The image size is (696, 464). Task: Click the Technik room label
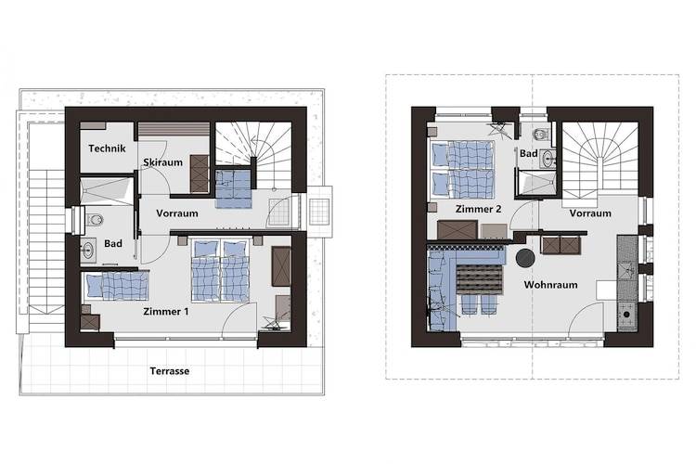tap(107, 148)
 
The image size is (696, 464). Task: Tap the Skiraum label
tap(163, 162)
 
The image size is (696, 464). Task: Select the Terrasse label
tap(170, 371)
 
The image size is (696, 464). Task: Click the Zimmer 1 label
tap(165, 311)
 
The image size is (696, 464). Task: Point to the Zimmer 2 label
tap(479, 209)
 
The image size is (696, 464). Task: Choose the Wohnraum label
tap(551, 285)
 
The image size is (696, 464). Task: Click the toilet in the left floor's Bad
tap(94, 220)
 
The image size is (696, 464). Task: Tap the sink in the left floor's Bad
tap(88, 251)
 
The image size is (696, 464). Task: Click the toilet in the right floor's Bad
tap(540, 134)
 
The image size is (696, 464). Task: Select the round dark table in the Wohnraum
tap(525, 258)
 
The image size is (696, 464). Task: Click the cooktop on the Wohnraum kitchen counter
tap(626, 315)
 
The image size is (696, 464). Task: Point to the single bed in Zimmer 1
tap(116, 286)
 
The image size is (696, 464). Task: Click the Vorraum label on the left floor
tap(177, 213)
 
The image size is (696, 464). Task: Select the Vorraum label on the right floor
tap(590, 213)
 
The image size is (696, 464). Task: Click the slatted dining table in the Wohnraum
tap(479, 279)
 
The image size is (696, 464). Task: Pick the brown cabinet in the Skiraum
tap(200, 174)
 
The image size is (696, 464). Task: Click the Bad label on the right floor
tap(529, 153)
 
